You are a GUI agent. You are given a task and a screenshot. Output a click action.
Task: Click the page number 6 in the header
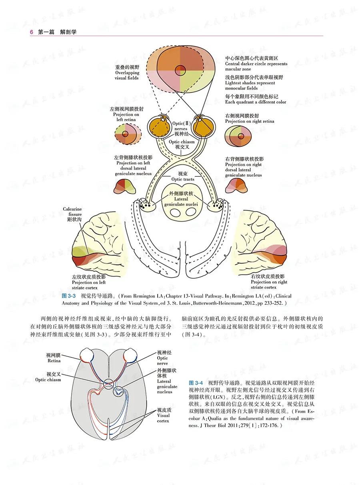[x=31, y=32]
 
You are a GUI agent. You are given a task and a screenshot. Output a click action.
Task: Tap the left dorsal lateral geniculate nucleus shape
[x=126, y=187]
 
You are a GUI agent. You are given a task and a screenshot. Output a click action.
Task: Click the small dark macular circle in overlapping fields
[x=181, y=69]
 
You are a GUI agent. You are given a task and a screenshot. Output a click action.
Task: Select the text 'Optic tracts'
[x=182, y=180]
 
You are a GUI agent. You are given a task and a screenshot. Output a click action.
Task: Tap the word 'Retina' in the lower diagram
[x=54, y=361]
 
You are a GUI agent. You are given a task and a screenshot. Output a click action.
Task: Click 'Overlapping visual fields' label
[x=127, y=73]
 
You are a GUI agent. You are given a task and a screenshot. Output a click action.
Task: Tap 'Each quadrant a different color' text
[x=256, y=102]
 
